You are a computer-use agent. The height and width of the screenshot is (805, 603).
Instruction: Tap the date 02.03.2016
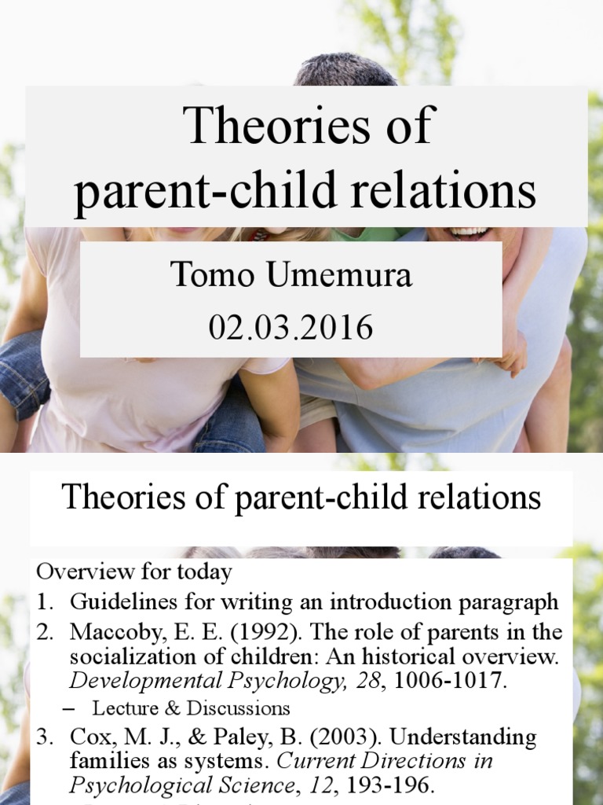pyautogui.click(x=291, y=326)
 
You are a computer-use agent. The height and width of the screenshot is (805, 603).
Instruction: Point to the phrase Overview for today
pyautogui.click(x=133, y=572)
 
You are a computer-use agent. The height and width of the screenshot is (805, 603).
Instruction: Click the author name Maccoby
pyautogui.click(x=110, y=632)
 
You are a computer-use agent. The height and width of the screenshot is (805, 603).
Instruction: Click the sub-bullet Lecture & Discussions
pyautogui.click(x=191, y=708)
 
